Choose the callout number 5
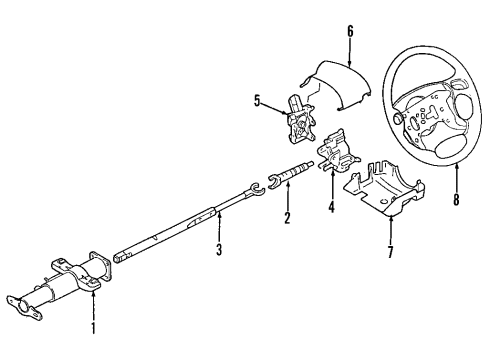257,100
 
